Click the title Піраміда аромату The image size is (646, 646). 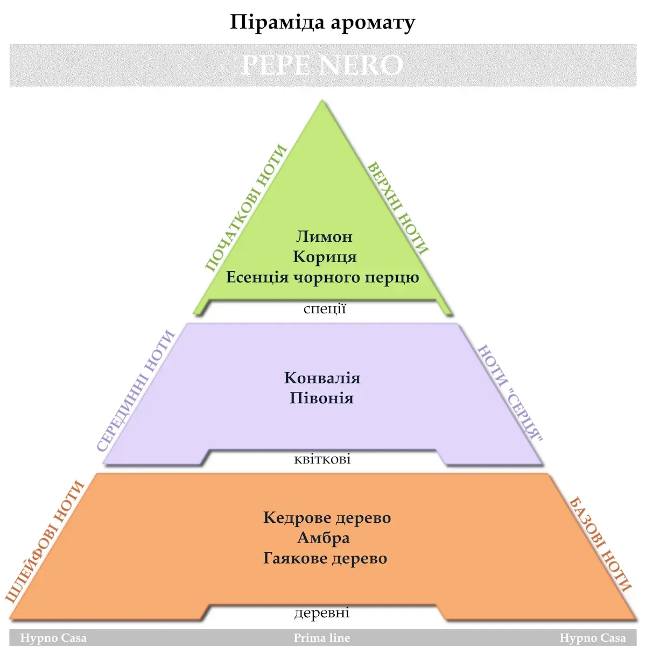tap(322, 23)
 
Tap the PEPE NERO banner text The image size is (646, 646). tap(322, 65)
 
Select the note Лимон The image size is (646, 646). tap(324, 236)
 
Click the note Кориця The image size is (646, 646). tap(325, 257)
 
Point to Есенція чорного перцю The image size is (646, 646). tap(322, 277)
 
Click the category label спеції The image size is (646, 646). tap(325, 309)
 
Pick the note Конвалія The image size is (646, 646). tap(322, 378)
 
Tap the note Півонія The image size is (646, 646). tap(321, 398)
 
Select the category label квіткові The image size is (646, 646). tap(322, 459)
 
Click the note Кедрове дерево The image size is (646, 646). tap(327, 518)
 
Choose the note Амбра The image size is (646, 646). tap(324, 538)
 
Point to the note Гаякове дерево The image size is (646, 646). tap(325, 558)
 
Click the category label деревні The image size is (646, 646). tap(322, 613)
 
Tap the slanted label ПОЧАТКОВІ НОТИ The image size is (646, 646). tap(245, 208)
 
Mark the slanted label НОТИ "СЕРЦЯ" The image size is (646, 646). tap(510, 392)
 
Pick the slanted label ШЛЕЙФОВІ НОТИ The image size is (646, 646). tap(45, 542)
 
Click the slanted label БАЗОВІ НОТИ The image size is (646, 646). tap(600, 544)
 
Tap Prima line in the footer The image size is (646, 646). tap(322, 638)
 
